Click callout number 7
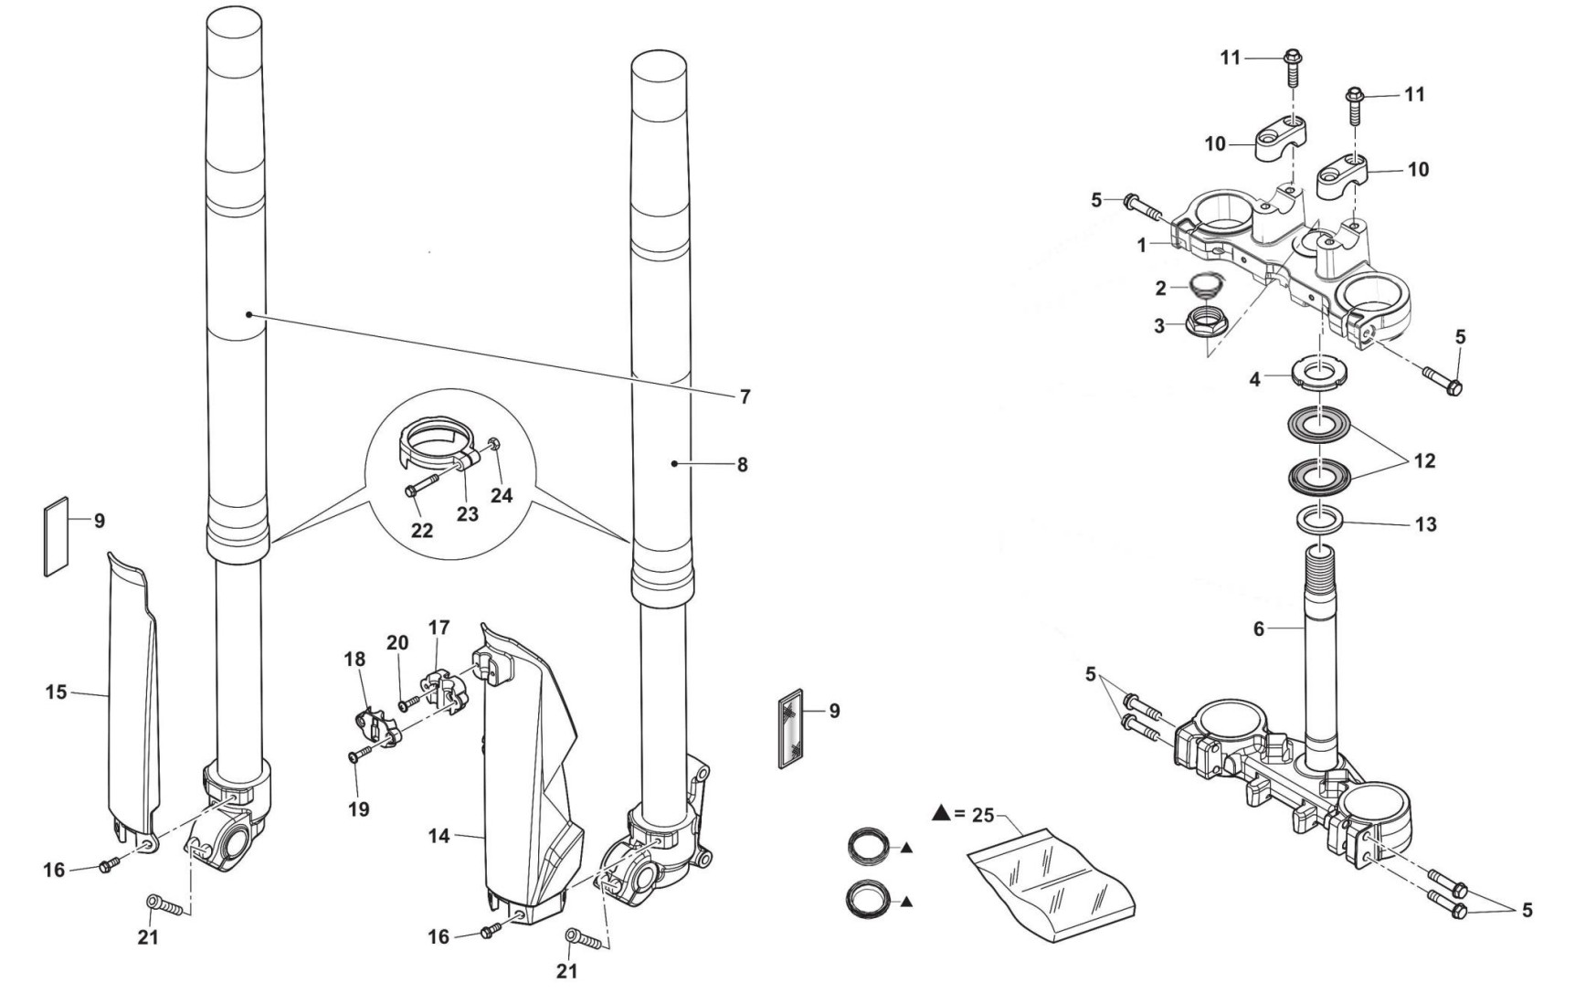click(745, 396)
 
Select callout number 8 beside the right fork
click(743, 464)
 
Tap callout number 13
click(1425, 524)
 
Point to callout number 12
click(1424, 461)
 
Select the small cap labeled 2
click(1199, 285)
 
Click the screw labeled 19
click(362, 752)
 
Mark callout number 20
click(397, 643)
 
